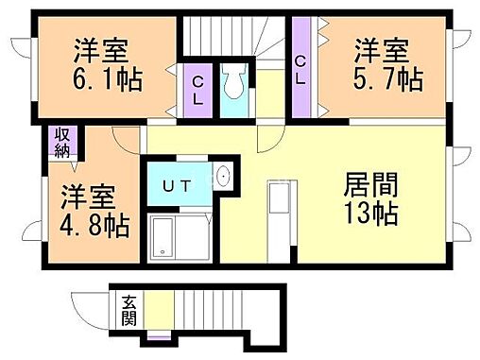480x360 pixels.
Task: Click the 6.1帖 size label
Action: (106, 79)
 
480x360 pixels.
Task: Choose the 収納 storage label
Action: (62, 141)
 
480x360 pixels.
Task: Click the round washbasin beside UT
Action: (223, 177)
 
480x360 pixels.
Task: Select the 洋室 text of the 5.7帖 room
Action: (383, 48)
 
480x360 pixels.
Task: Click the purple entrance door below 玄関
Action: (159, 336)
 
